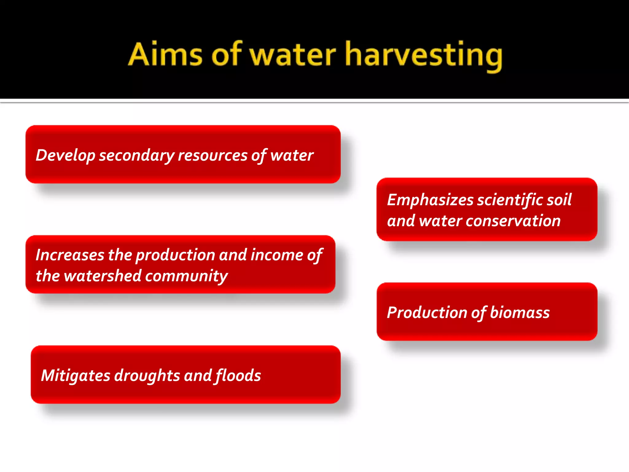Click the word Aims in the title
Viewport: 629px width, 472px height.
coord(165,55)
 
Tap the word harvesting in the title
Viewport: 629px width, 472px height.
coord(424,55)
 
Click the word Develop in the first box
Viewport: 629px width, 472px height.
coord(65,155)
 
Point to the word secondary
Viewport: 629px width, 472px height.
coord(136,155)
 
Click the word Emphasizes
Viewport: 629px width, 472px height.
coord(430,200)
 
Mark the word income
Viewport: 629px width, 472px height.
coord(277,255)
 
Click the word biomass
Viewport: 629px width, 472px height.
coord(520,313)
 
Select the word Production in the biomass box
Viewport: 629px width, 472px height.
coord(427,313)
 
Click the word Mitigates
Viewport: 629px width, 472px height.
coord(76,376)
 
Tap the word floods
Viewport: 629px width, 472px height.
coord(238,376)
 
